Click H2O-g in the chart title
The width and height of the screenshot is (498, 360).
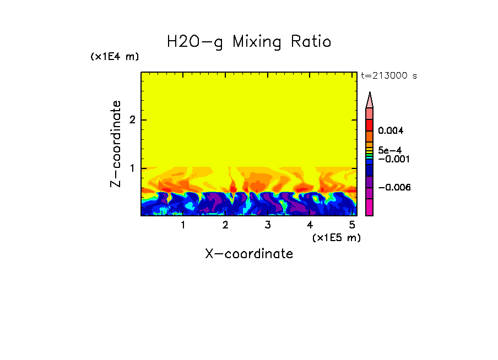194,42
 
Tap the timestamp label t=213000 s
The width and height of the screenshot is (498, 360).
388,76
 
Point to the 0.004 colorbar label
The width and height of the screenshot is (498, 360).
391,131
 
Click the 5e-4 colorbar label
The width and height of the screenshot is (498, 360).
389,150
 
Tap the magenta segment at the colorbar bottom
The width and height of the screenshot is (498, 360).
370,207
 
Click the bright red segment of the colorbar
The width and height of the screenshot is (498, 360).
370,124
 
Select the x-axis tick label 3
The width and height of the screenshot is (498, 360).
268,225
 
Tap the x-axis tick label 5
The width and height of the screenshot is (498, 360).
352,225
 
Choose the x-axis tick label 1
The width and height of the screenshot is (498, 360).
183,225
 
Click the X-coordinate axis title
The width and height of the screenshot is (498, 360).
249,254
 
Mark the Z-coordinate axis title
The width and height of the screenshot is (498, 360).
116,144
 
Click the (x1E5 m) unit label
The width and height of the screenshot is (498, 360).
336,238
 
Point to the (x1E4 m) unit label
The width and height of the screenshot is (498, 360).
115,57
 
